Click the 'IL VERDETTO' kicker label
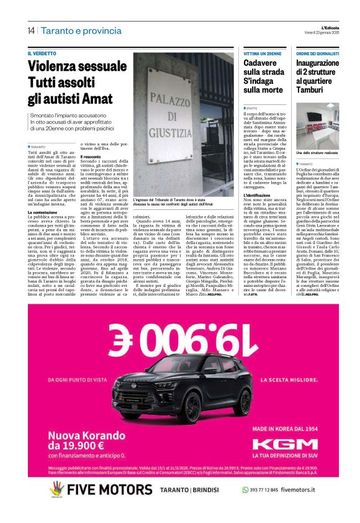(x=41, y=54)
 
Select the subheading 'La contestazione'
(x=43, y=212)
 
